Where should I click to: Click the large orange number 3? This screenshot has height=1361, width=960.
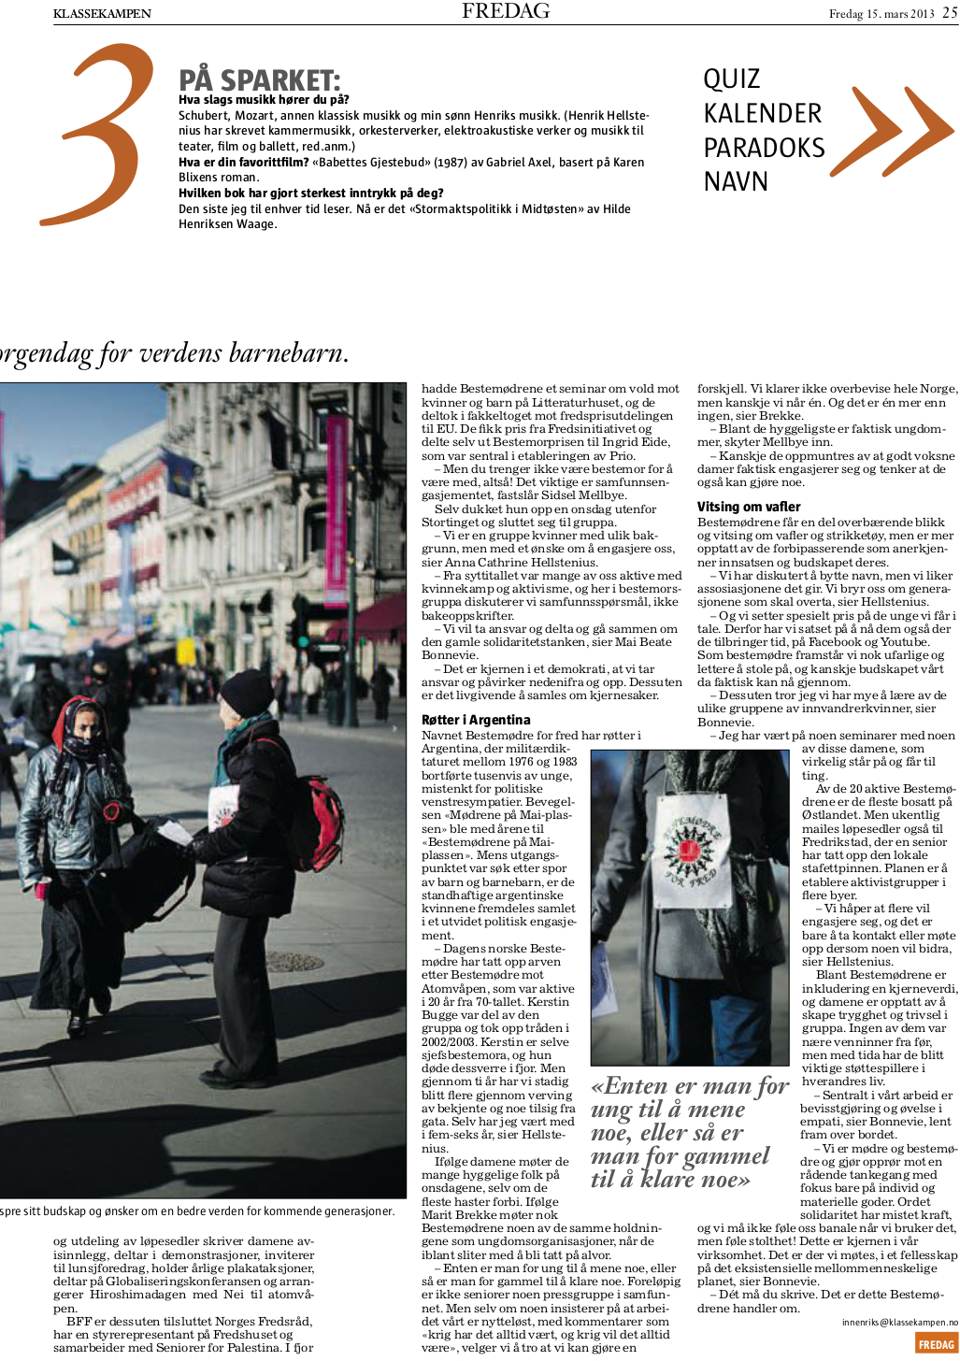tap(98, 136)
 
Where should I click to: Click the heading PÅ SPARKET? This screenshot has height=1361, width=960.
tap(259, 80)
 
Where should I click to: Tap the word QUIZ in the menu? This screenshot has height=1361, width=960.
tap(731, 79)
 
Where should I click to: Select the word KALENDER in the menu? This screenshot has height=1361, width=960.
tap(762, 114)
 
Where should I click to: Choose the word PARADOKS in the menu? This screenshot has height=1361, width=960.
tap(764, 148)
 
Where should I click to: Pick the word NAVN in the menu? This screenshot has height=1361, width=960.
tap(736, 181)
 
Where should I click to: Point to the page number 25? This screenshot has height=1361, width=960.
tap(949, 13)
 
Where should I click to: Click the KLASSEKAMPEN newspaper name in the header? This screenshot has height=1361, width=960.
tap(102, 14)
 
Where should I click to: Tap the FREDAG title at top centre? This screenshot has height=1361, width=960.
tap(506, 11)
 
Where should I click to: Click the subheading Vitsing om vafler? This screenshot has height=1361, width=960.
tap(749, 507)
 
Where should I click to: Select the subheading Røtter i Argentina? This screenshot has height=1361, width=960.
tap(476, 720)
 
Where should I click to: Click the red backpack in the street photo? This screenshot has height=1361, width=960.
tap(317, 810)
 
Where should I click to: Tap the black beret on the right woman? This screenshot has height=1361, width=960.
tap(247, 692)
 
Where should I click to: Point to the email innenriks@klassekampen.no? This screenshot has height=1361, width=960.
tap(899, 1323)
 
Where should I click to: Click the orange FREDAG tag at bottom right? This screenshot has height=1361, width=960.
tap(936, 1344)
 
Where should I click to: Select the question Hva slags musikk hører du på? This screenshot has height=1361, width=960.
tap(264, 100)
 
